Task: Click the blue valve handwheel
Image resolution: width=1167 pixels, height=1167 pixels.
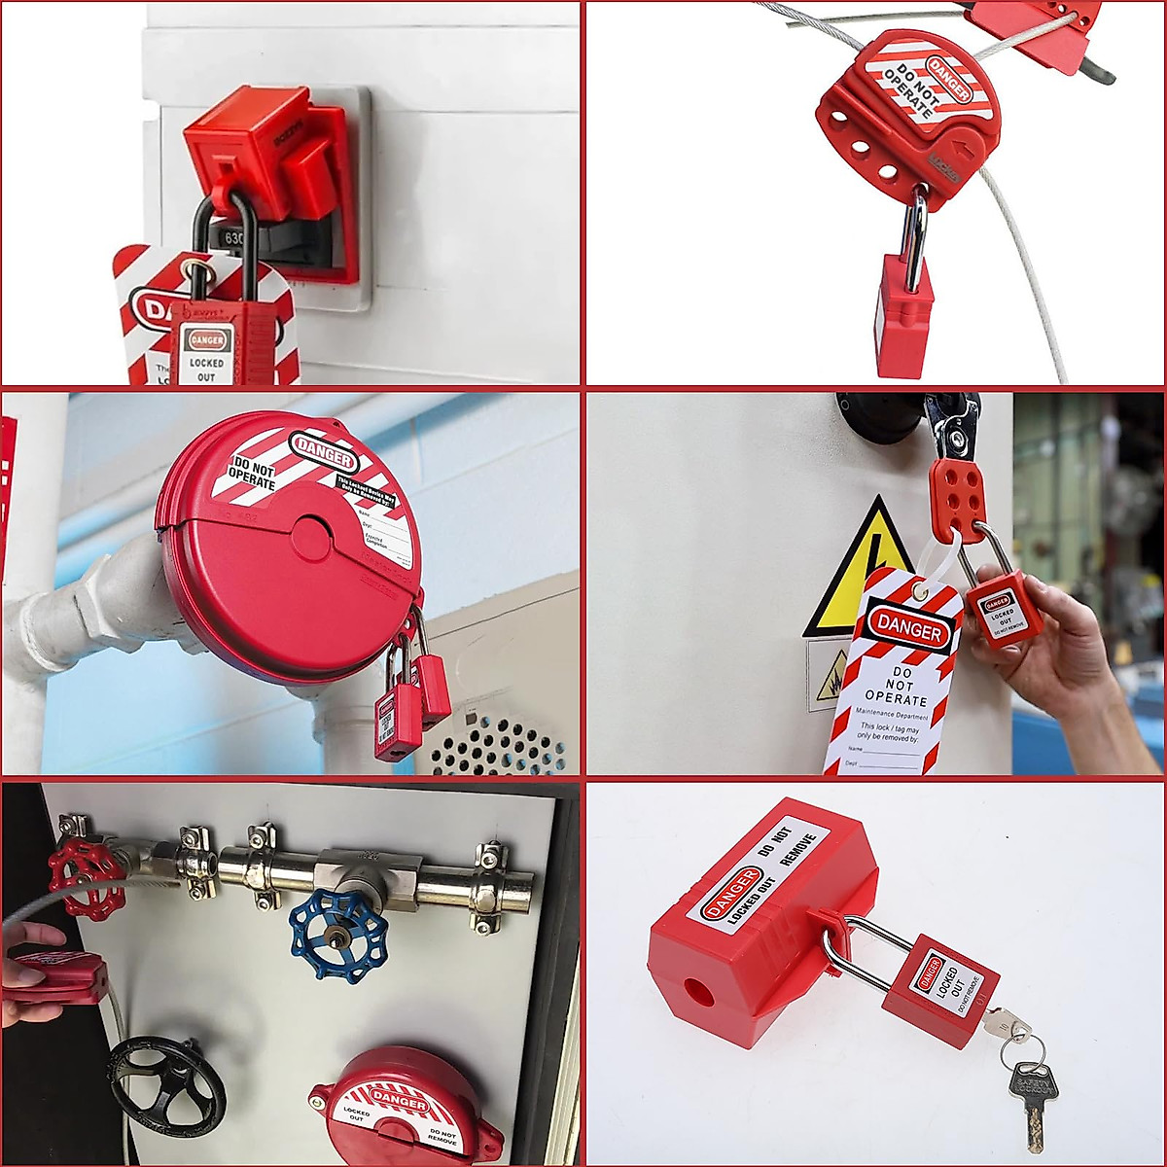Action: tap(339, 937)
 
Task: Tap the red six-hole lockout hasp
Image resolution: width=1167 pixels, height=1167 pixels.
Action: tap(957, 498)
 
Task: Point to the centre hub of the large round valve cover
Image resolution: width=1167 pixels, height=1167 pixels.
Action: tap(312, 540)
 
